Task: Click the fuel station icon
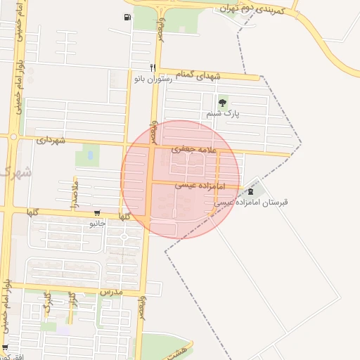pos(127,17)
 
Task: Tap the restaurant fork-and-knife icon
pos(151,67)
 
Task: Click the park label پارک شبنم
pos(224,113)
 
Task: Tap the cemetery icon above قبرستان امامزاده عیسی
pos(251,191)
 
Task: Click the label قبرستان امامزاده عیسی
pos(251,202)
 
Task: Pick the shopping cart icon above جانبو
pos(96,213)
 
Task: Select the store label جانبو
pos(96,224)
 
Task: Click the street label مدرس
pos(111,291)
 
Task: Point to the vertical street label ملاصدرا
pos(74,191)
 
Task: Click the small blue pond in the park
pos(90,155)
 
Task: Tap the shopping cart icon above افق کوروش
pos(6,347)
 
